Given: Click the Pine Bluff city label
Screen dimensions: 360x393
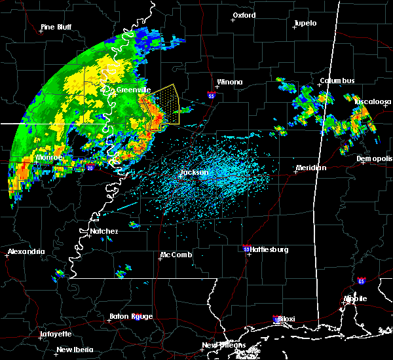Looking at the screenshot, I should tap(56, 27).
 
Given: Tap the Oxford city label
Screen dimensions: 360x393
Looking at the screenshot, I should tap(244, 15).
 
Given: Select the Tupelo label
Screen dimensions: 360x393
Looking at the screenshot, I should tap(305, 23).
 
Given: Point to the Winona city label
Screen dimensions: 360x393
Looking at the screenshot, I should tap(230, 82).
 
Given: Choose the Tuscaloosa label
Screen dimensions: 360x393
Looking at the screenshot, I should tap(373, 101).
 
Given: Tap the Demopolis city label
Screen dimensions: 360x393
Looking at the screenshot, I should tap(375, 158).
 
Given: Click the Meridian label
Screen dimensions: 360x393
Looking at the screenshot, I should tap(310, 168).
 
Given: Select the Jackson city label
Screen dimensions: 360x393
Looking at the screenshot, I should tap(195, 173).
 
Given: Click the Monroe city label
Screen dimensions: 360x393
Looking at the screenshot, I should tap(49, 158).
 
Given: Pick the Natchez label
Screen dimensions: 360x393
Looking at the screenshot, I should tap(104, 231).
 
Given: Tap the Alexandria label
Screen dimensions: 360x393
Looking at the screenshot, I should tap(27, 251).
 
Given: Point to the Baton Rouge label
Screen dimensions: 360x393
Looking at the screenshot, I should tap(134, 316).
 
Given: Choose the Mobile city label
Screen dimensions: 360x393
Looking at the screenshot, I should tap(358, 298).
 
